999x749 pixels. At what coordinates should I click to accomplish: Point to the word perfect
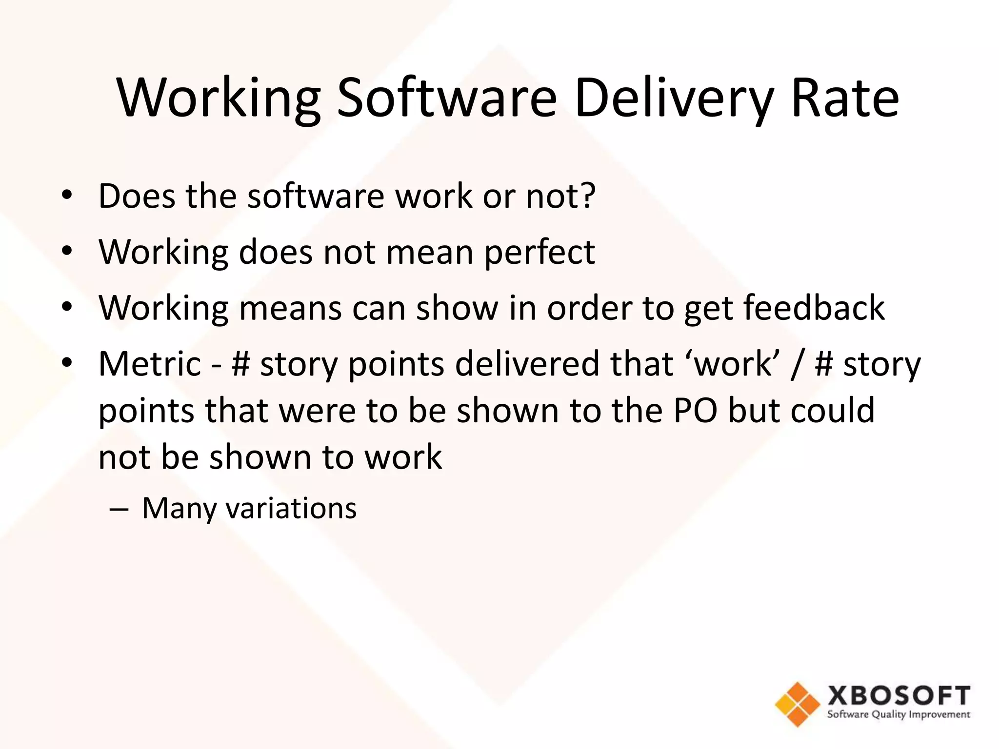(x=539, y=253)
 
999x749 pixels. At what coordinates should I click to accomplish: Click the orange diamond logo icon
(x=798, y=704)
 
